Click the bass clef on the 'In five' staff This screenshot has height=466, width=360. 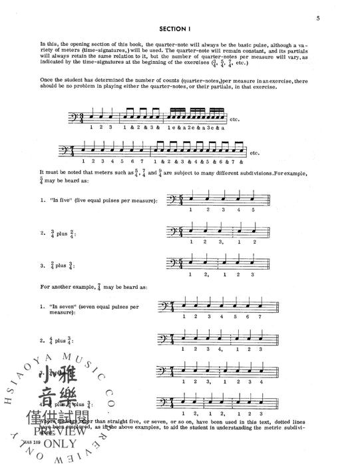click(x=172, y=198)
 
